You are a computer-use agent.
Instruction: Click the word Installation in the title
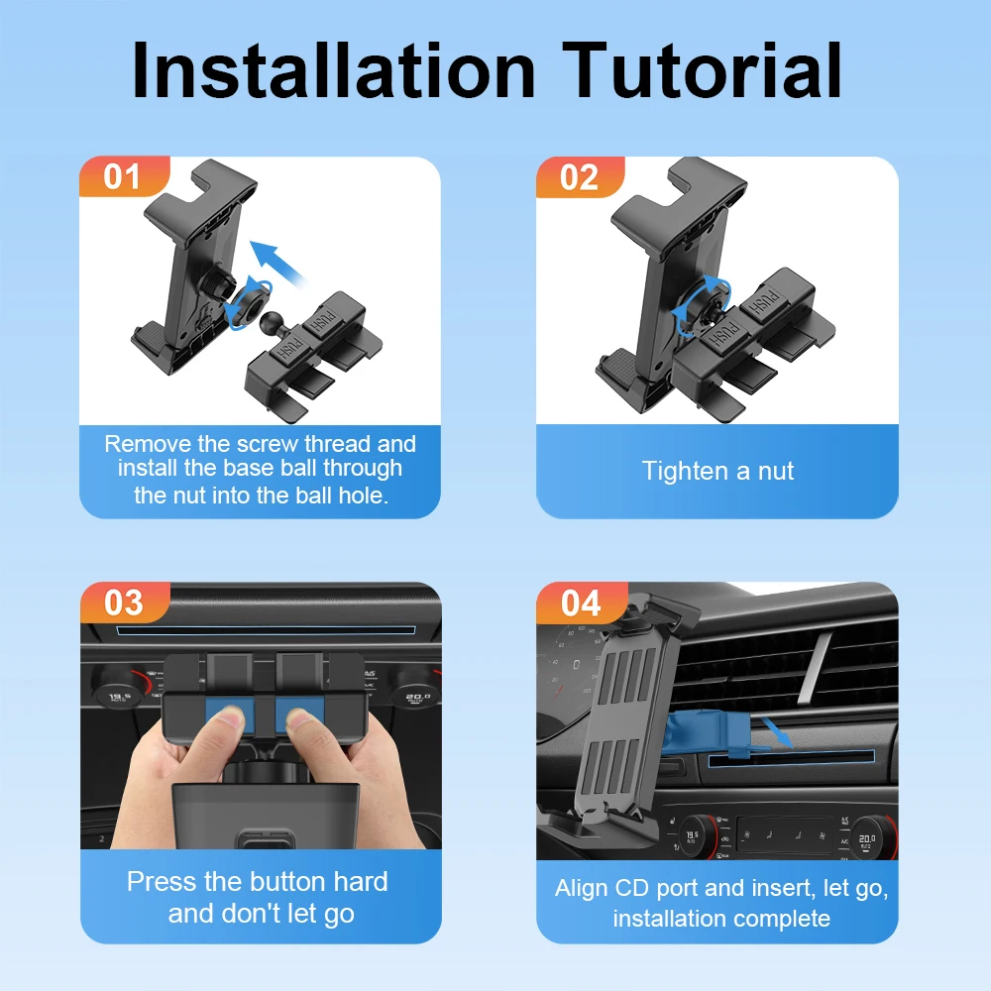click(x=334, y=69)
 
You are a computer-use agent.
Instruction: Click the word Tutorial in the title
click(x=702, y=69)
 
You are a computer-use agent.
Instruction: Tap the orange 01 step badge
click(x=124, y=176)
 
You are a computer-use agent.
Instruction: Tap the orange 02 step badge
click(x=580, y=176)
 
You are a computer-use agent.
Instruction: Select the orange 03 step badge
click(x=125, y=603)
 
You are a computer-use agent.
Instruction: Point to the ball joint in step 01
click(x=271, y=322)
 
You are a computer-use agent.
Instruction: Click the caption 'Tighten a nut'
click(x=717, y=471)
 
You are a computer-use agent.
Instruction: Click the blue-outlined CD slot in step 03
click(x=266, y=630)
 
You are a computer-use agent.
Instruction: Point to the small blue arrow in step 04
click(x=777, y=731)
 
